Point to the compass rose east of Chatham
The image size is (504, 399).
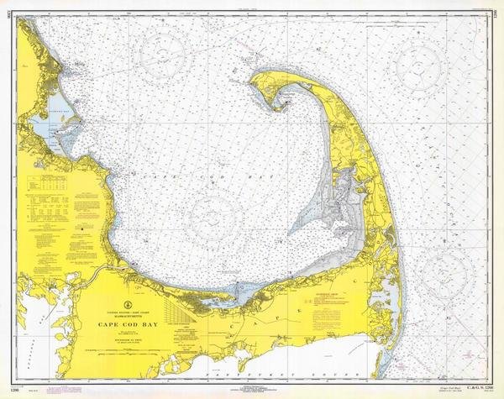click(445, 271)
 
